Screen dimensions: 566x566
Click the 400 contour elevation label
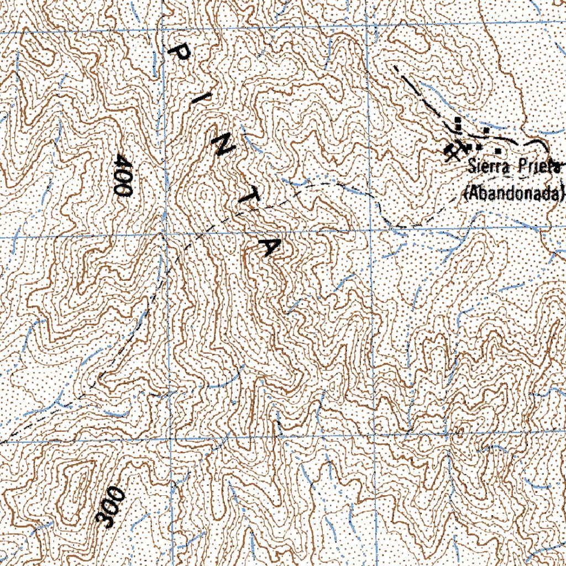point(122,175)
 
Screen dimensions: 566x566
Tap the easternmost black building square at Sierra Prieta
point(498,150)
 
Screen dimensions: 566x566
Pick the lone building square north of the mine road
point(485,130)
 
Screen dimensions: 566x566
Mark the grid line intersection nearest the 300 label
point(171,441)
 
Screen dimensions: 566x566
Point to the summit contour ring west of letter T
point(205,193)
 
